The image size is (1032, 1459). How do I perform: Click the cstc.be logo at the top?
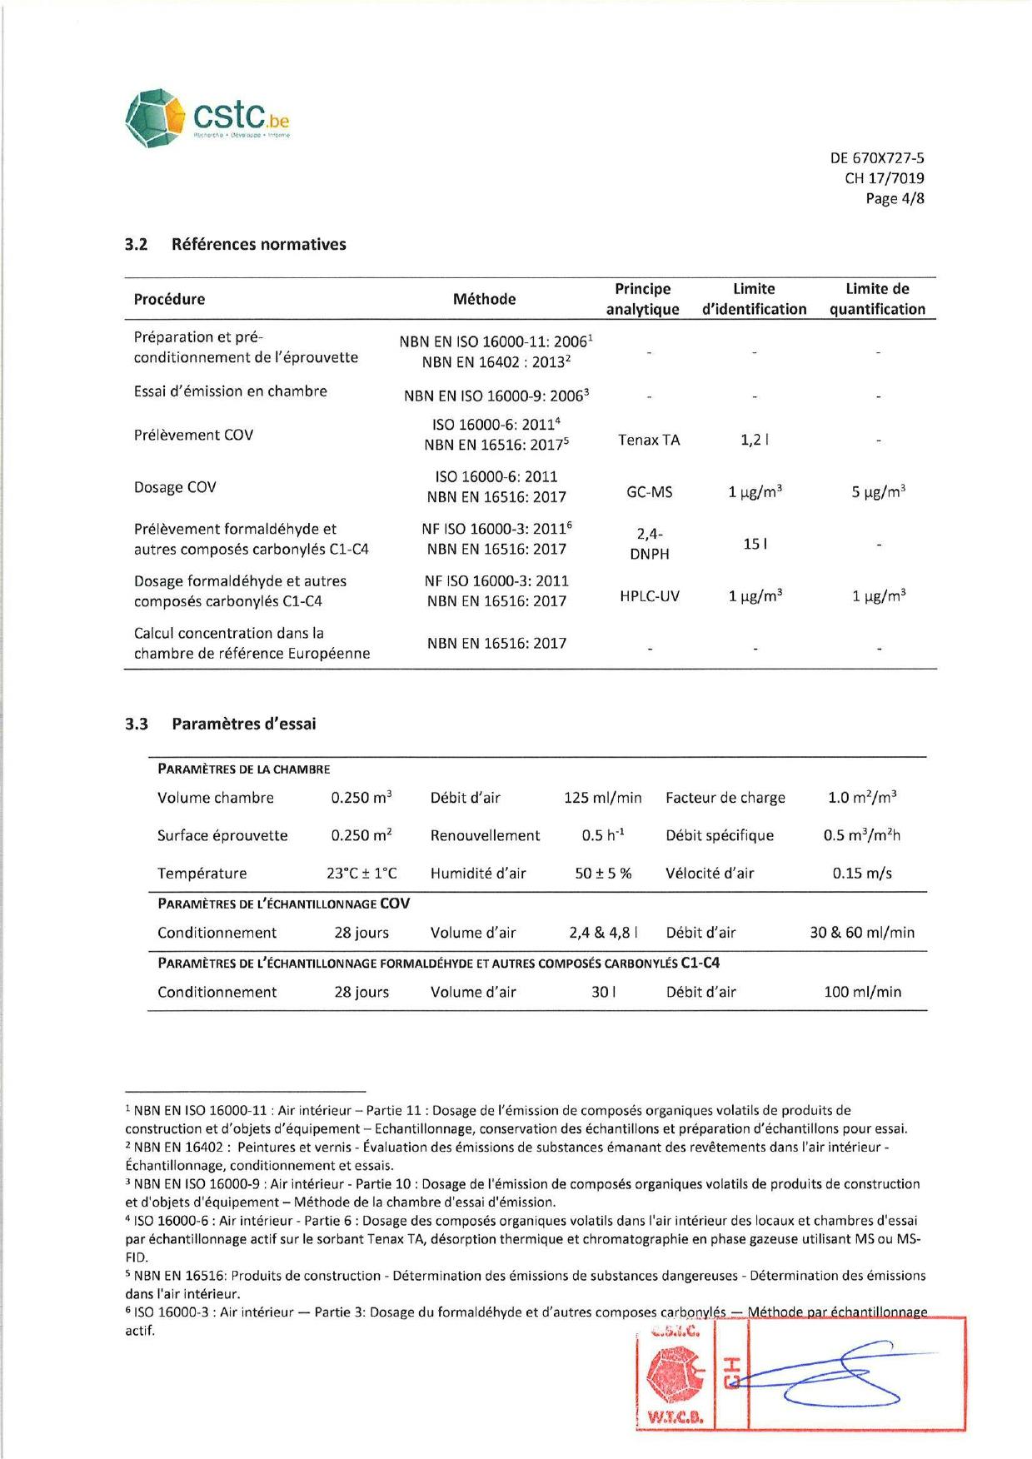tap(207, 118)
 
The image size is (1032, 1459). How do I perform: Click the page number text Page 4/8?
tap(895, 198)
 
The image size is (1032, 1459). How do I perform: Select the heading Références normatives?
tap(258, 244)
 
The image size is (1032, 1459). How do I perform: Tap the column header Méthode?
tap(484, 299)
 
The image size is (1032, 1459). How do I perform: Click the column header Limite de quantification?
tap(877, 299)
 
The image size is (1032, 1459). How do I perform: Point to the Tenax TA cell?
tap(649, 440)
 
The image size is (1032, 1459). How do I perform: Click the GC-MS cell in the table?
tap(649, 492)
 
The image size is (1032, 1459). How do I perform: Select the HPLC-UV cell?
tap(649, 596)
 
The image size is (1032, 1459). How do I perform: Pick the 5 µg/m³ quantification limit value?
tap(878, 492)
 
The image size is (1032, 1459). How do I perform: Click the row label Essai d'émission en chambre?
tap(231, 391)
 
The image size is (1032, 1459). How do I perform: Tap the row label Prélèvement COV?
tap(193, 435)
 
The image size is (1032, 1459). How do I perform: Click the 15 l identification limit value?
tap(755, 544)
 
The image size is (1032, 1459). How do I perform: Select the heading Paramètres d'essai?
tap(243, 724)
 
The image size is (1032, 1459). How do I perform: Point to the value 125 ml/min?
tap(602, 798)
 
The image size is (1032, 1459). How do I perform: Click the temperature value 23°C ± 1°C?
tap(361, 874)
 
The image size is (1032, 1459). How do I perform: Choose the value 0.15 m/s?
tap(862, 874)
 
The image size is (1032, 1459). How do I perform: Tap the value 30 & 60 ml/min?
tap(862, 933)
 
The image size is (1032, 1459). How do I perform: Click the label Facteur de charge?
tap(725, 798)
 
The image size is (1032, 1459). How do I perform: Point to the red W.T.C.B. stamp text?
tap(675, 1417)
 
